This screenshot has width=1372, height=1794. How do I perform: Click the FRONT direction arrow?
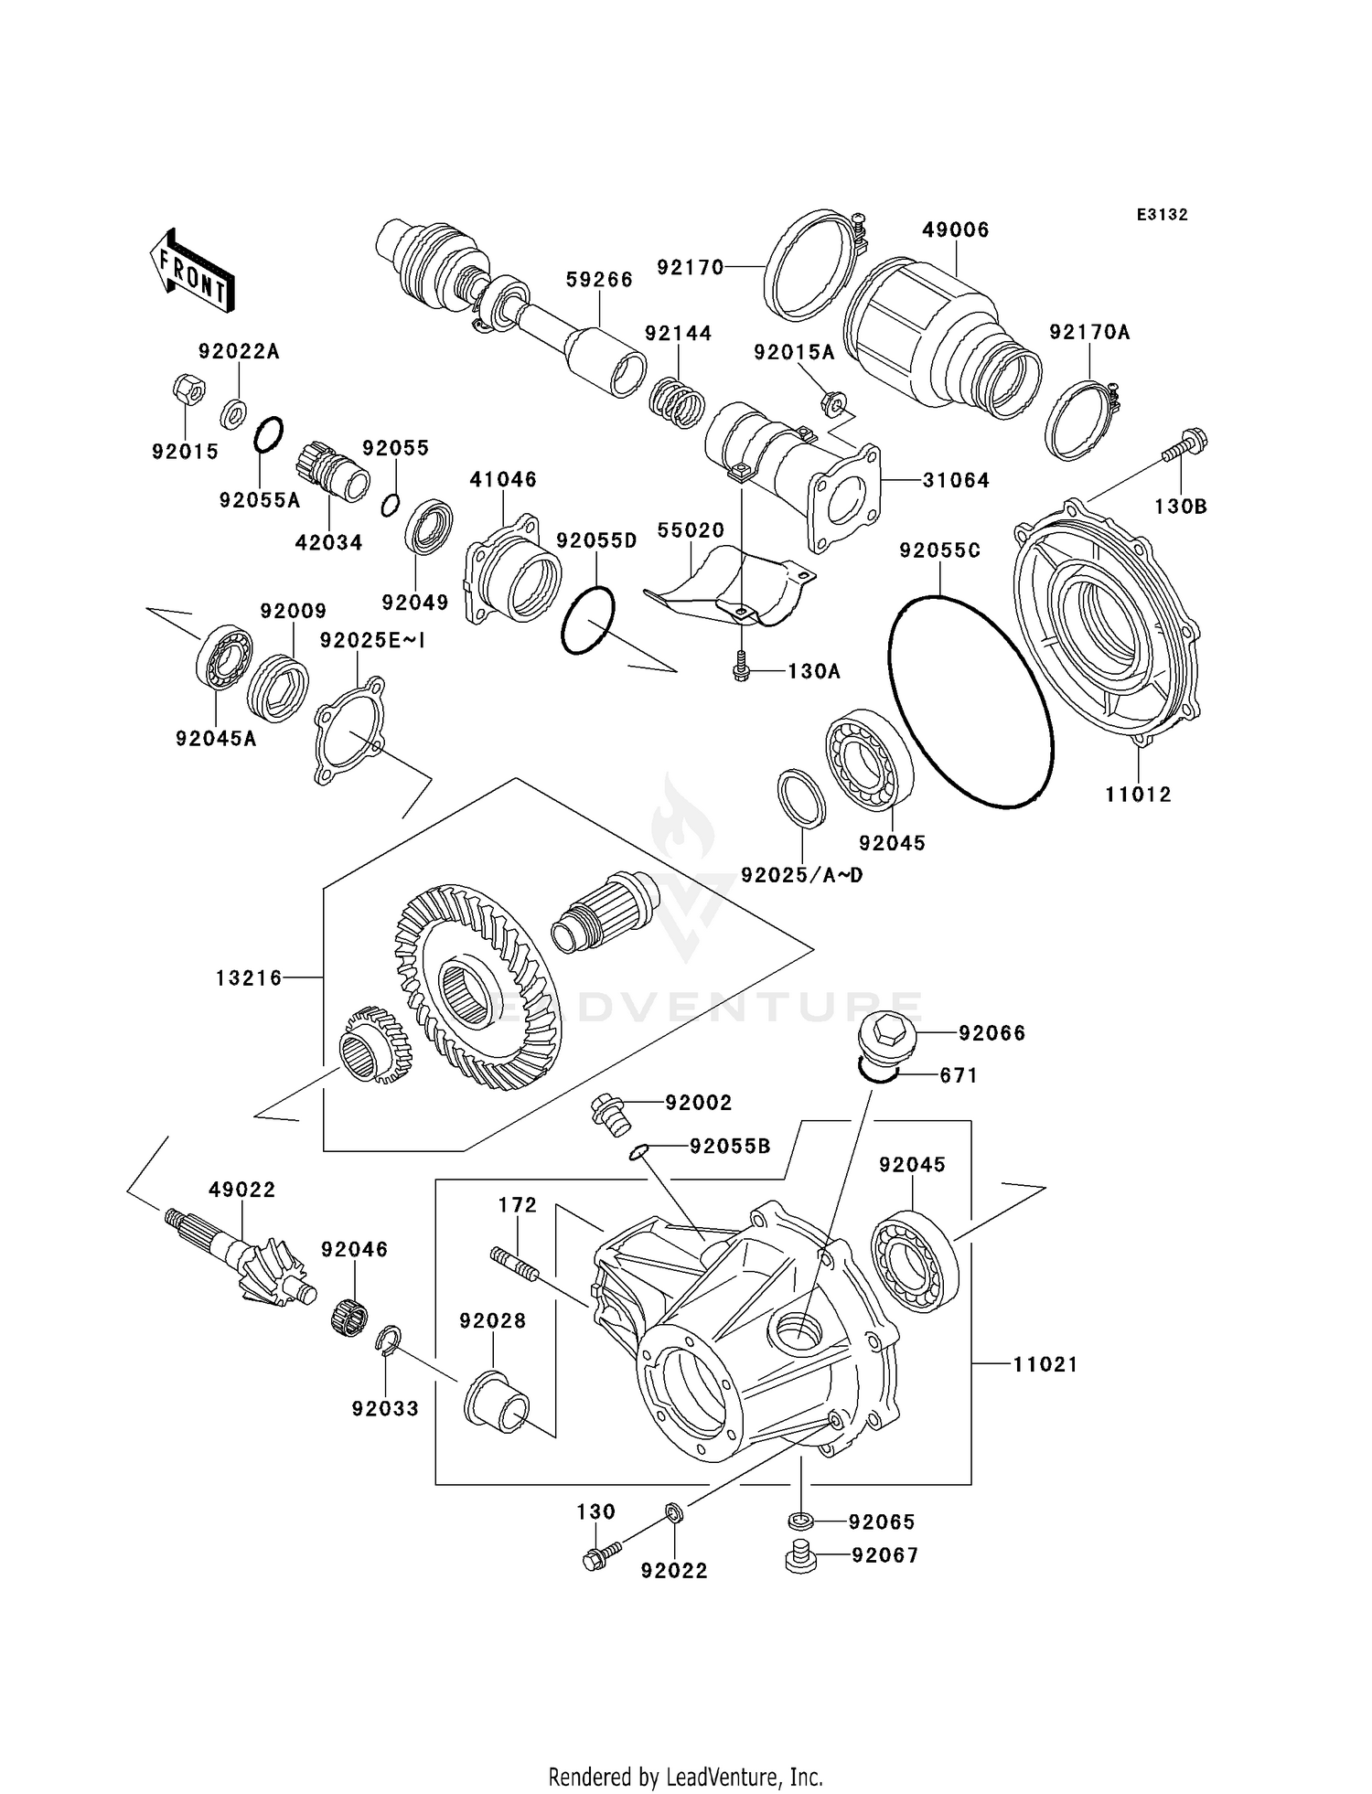point(192,272)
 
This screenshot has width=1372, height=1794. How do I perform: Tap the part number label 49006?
point(955,230)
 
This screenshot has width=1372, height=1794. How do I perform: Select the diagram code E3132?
point(1162,215)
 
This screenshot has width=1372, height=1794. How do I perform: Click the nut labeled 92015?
point(188,390)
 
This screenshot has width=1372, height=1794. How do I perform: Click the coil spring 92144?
point(678,402)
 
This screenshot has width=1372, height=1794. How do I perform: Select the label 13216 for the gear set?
point(249,978)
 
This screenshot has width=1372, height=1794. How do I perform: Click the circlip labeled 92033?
point(388,1340)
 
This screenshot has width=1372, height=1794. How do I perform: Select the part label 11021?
point(1045,1364)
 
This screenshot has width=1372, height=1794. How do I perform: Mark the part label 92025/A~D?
point(801,875)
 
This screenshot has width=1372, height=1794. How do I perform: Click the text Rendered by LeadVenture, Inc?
point(685,1777)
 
